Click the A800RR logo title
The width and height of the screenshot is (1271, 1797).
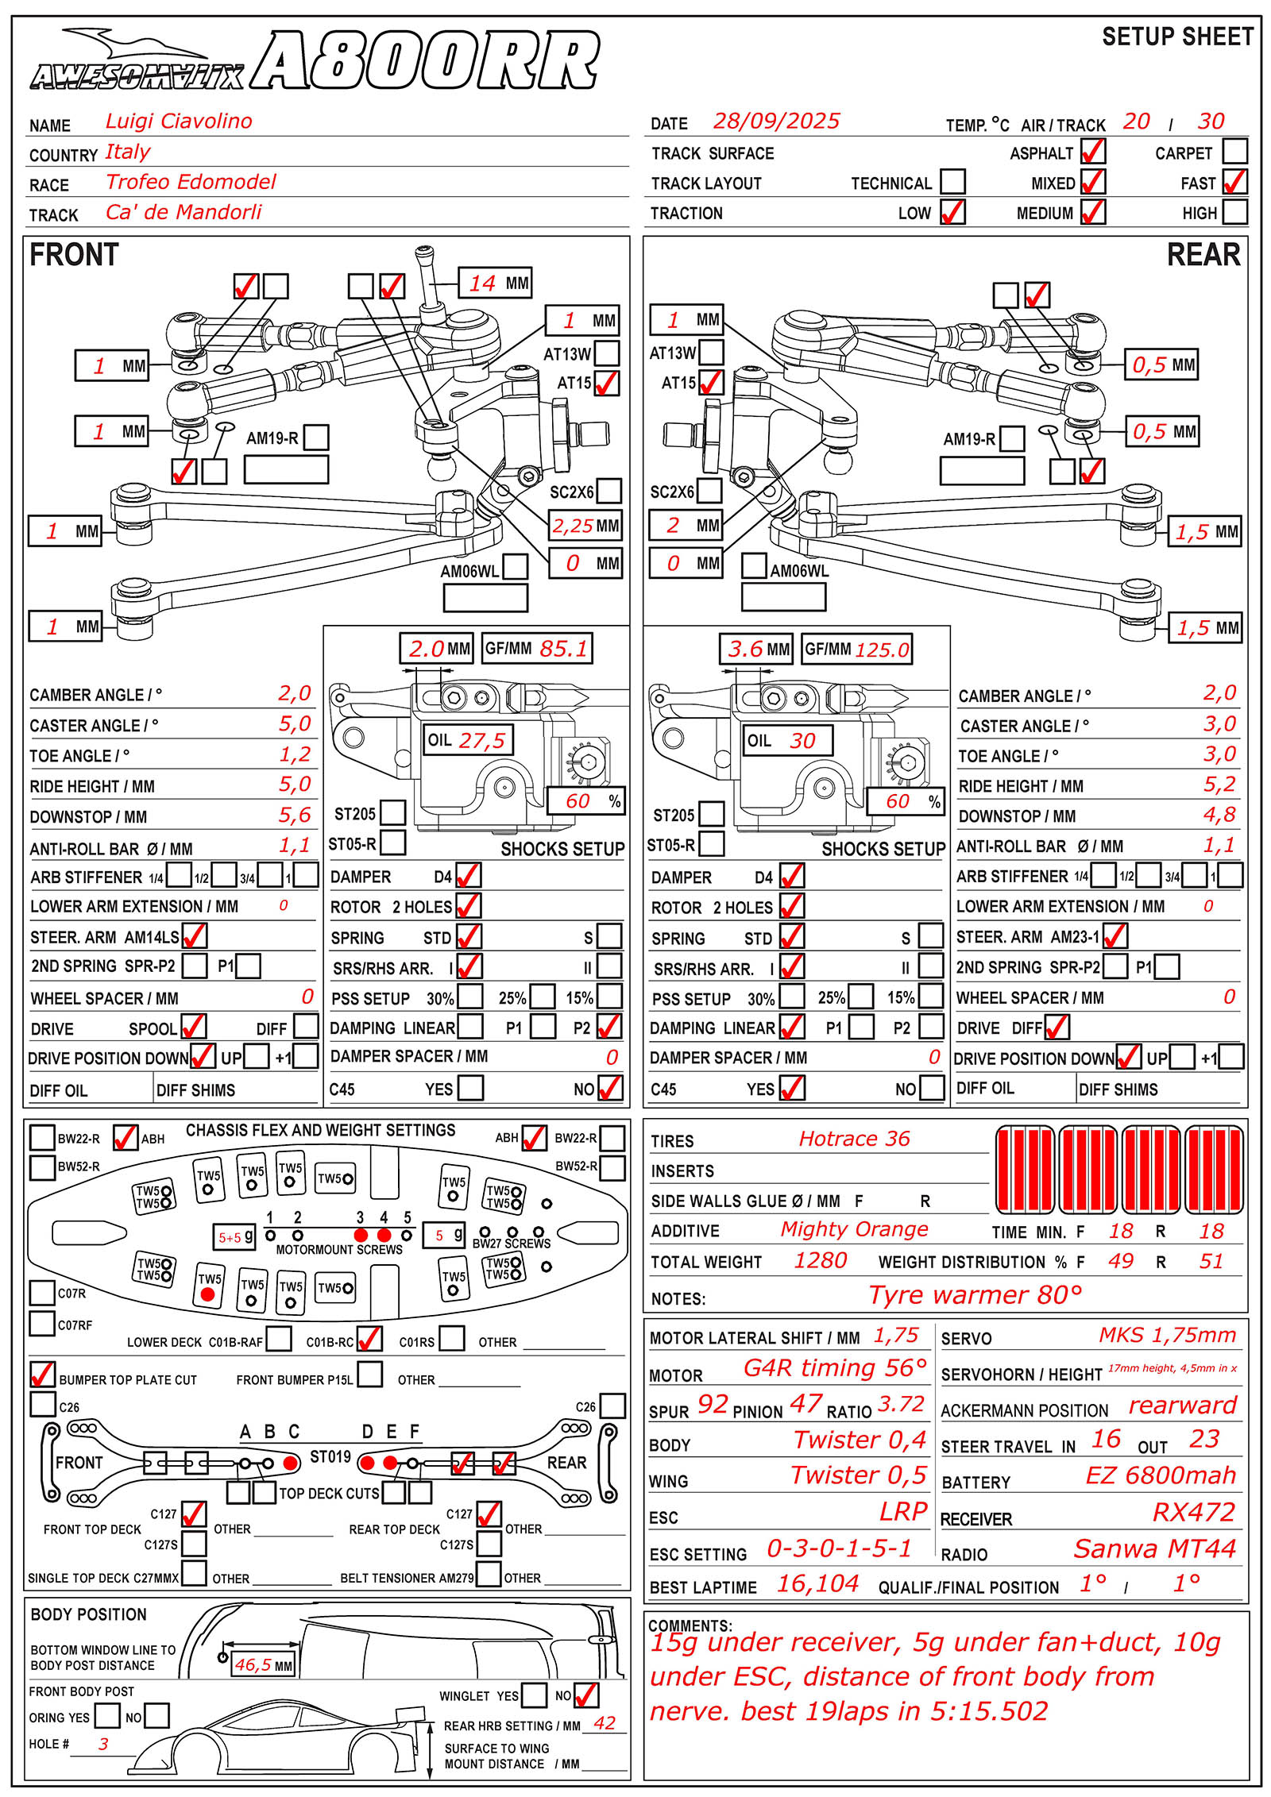(425, 62)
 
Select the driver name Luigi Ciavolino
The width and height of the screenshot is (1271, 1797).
(179, 121)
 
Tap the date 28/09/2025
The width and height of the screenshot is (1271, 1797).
(776, 121)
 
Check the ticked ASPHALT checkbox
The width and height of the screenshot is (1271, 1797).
(1093, 151)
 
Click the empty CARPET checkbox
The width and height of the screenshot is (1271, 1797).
(1234, 151)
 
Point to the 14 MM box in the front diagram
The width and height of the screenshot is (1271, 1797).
(495, 283)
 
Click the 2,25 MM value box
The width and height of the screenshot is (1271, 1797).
(585, 526)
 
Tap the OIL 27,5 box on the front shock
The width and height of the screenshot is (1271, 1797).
(467, 740)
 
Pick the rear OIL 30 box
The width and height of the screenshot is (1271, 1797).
(787, 740)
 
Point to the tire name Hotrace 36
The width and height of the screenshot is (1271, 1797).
(854, 1139)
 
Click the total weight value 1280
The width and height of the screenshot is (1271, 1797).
(821, 1261)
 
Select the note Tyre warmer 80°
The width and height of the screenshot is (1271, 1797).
(975, 1295)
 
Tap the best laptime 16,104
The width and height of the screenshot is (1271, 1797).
(817, 1584)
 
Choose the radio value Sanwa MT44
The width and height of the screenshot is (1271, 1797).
(1154, 1548)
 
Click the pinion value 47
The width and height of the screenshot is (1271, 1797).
(805, 1404)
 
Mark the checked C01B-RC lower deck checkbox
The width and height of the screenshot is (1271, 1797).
(369, 1339)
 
